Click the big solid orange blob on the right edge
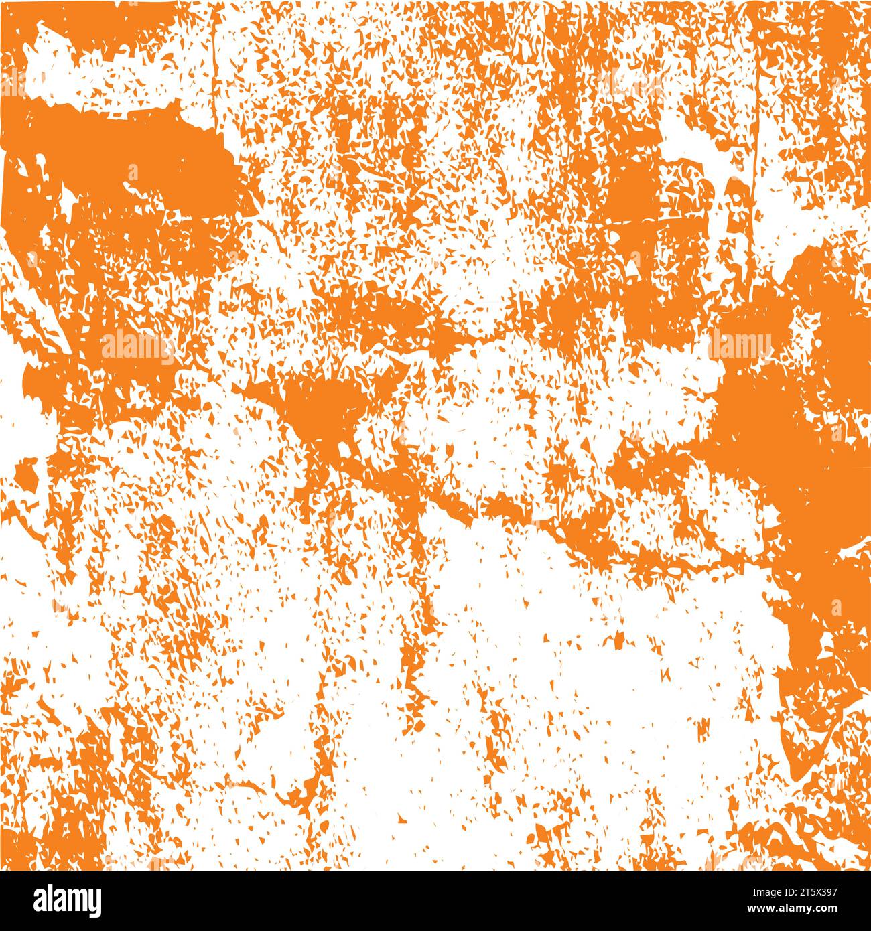click(791, 435)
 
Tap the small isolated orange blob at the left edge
click(27, 474)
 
